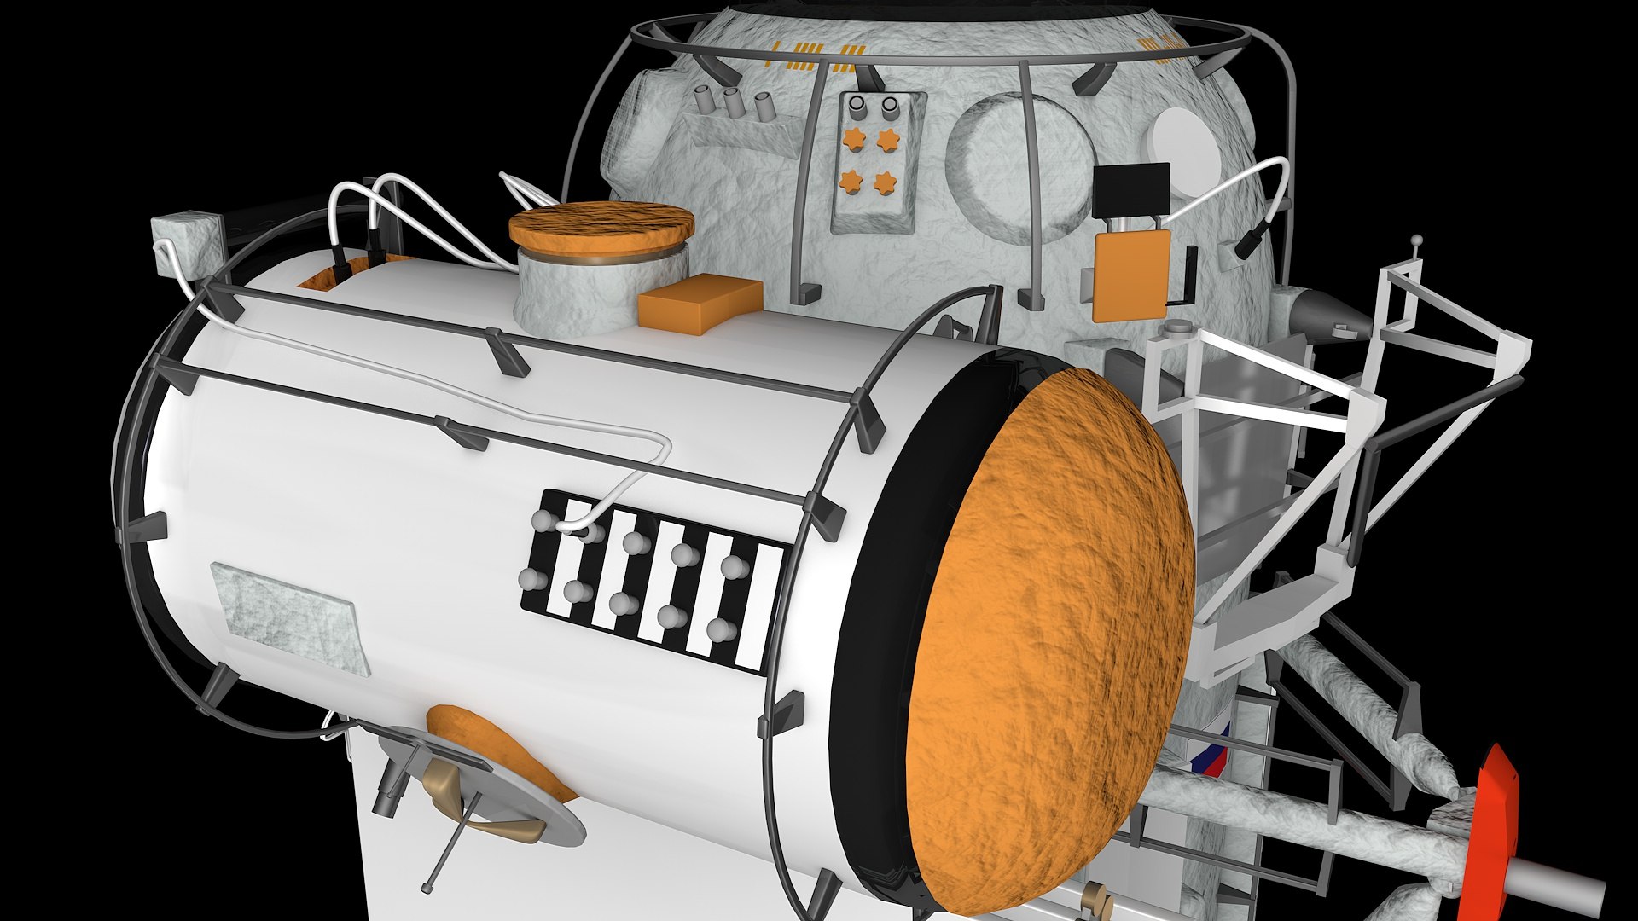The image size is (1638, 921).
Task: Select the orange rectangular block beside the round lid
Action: [x=700, y=303]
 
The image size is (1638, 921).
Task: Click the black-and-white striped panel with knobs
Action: [x=653, y=580]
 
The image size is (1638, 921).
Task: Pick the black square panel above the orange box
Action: [x=1130, y=190]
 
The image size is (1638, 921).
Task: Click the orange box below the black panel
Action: [x=1131, y=275]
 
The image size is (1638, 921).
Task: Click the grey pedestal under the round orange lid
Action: [x=580, y=290]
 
